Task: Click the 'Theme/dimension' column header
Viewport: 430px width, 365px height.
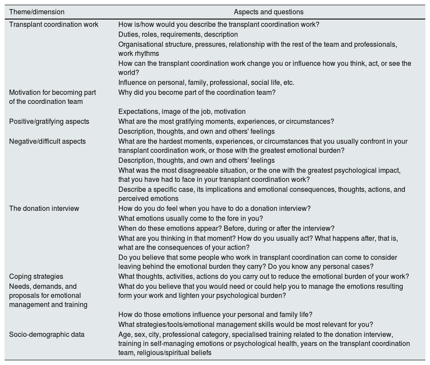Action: (37, 12)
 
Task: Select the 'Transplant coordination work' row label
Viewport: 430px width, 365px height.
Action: (54, 25)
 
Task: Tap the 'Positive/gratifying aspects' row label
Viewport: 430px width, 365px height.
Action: (49, 122)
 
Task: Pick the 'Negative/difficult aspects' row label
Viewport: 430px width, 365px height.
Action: (47, 142)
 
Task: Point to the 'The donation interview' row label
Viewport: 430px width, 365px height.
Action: (44, 209)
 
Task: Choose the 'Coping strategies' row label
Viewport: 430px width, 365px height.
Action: (36, 277)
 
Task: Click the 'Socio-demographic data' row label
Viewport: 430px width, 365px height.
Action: (47, 335)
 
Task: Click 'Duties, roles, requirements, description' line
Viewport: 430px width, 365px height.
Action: (178, 35)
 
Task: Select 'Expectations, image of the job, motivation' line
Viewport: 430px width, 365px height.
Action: (182, 112)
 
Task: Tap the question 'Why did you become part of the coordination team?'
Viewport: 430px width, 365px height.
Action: (197, 93)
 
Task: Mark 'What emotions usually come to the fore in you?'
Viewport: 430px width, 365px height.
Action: (191, 219)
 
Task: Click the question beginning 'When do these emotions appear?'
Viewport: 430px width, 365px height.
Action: (226, 229)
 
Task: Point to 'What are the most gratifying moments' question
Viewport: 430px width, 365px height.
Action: (226, 122)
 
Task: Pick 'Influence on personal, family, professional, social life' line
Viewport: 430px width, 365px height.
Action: (206, 83)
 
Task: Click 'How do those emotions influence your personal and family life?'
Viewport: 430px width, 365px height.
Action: (215, 315)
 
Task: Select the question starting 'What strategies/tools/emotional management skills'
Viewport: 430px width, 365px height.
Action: (245, 325)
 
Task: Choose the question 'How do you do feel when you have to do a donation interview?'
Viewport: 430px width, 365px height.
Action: (214, 209)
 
